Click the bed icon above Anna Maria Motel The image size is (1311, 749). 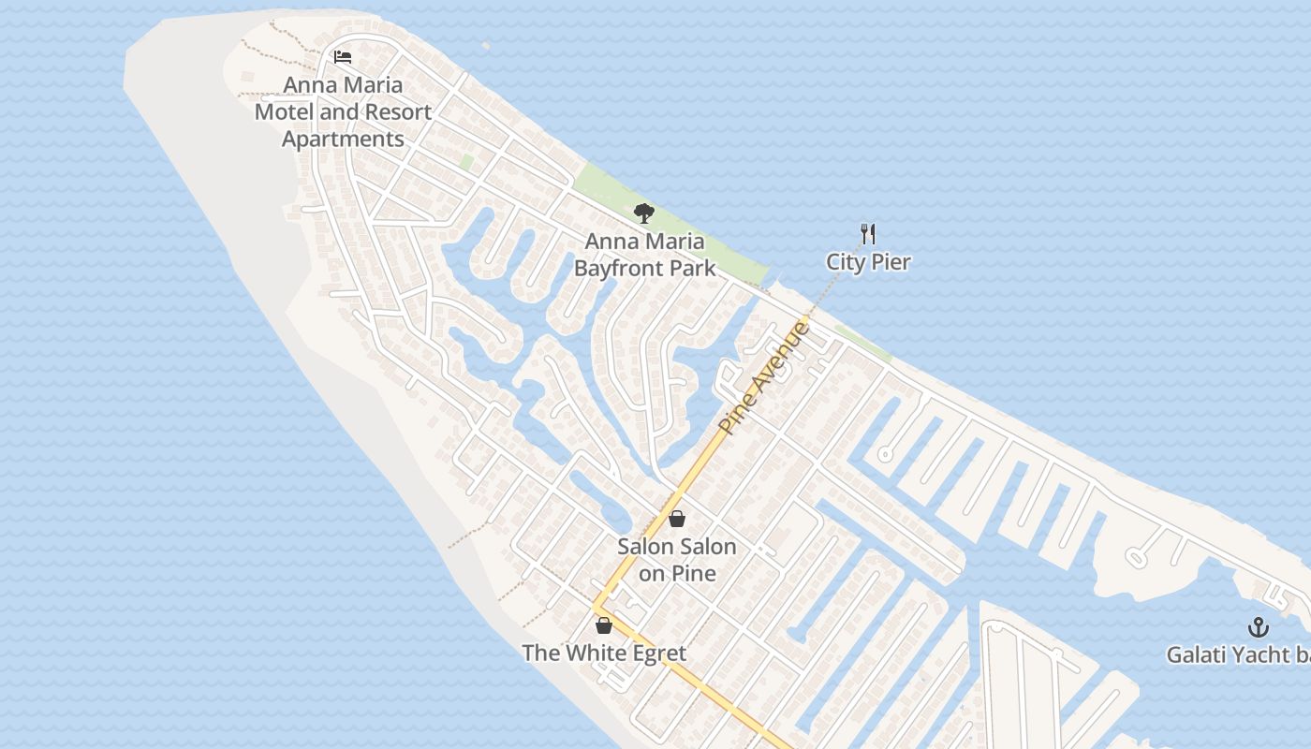tap(343, 57)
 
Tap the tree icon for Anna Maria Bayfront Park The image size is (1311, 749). tap(643, 213)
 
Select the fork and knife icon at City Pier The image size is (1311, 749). tap(868, 234)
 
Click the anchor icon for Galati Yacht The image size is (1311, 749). tap(1259, 627)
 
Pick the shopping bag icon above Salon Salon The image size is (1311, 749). tap(677, 519)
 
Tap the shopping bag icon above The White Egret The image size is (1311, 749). tap(604, 624)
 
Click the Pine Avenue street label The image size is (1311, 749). tap(763, 377)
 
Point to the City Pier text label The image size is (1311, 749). tap(868, 262)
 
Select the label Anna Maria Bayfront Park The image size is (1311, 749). tap(644, 255)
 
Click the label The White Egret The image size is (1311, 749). tap(604, 653)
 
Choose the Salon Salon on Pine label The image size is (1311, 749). tap(677, 559)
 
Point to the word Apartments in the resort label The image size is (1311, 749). tap(343, 140)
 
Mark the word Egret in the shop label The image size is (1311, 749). tap(654, 653)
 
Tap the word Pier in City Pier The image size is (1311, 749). tap(891, 262)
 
